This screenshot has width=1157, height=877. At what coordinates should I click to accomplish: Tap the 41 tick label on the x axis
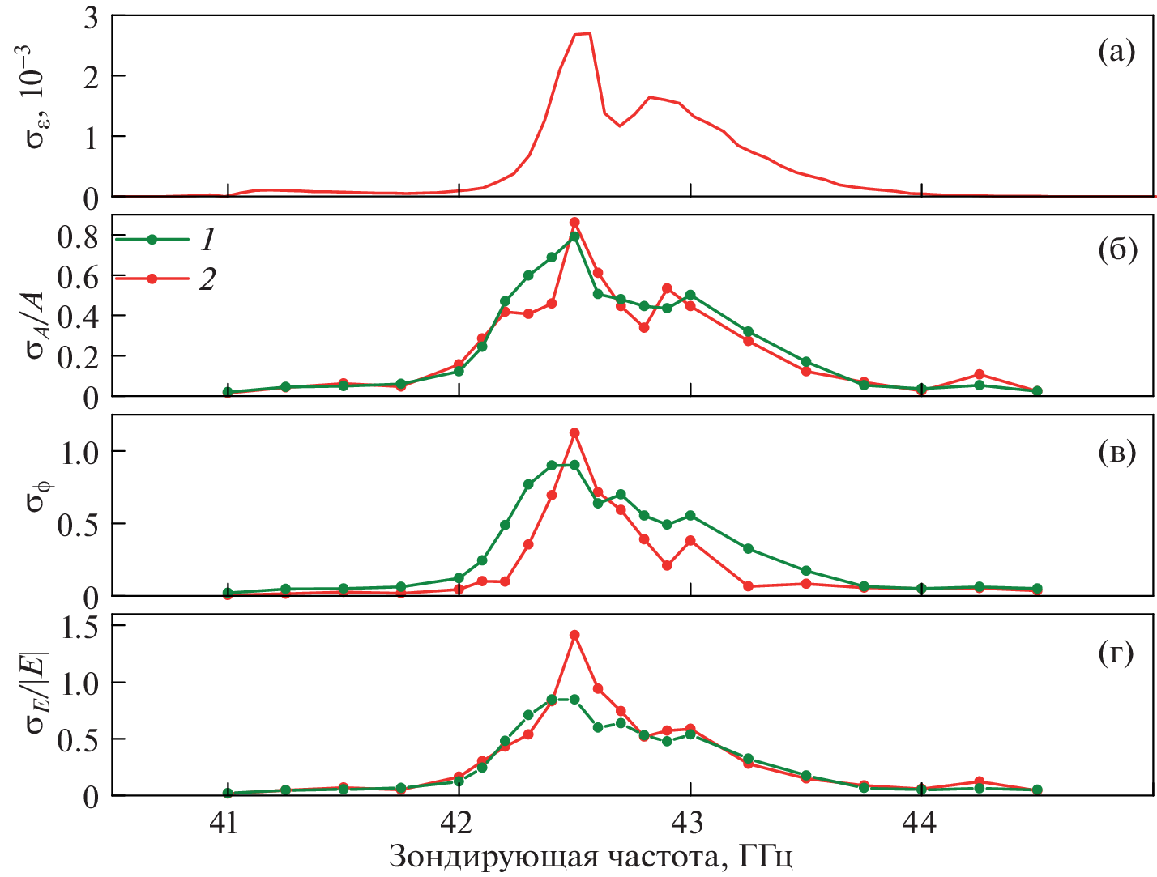[x=225, y=823]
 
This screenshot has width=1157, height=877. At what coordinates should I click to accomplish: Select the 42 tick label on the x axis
[x=458, y=823]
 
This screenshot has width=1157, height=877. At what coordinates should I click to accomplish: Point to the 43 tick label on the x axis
[x=690, y=823]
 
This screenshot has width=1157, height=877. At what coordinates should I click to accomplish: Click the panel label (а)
[x=1116, y=53]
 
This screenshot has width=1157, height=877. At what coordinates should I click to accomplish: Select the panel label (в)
[x=1116, y=453]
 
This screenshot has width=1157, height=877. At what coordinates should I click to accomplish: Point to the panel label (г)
[x=1116, y=653]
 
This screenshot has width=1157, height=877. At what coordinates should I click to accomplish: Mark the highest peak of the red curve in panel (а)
[x=589, y=33]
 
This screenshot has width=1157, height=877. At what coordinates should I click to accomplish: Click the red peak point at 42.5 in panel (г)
[x=574, y=635]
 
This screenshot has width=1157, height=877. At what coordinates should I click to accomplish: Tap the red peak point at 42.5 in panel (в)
[x=574, y=433]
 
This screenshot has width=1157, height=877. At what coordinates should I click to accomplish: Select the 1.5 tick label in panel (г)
[x=78, y=626]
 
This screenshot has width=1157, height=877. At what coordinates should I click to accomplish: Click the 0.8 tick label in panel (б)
[x=78, y=237]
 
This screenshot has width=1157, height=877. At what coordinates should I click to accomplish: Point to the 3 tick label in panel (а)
[x=90, y=18]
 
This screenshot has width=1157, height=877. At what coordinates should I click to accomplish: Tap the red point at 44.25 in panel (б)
[x=980, y=374]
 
